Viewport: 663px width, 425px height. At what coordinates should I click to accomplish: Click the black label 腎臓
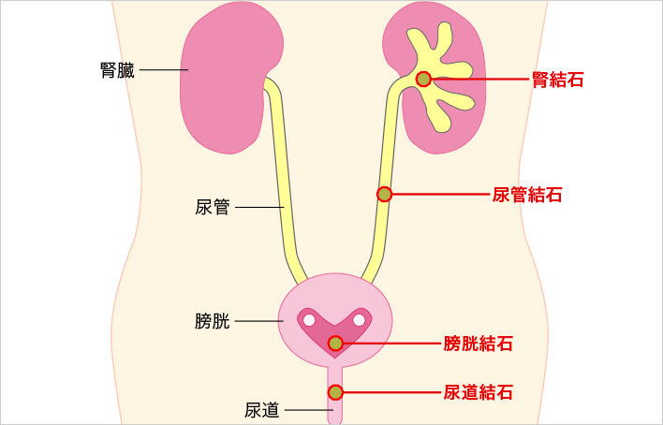118,70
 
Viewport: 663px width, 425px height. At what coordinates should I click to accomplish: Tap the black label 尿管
213,207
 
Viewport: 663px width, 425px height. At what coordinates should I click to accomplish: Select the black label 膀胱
213,321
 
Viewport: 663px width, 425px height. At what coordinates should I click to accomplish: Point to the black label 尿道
261,410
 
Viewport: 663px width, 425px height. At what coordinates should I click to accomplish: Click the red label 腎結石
558,80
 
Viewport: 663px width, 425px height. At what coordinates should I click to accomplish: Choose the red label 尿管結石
527,195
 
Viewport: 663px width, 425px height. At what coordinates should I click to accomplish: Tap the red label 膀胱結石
479,344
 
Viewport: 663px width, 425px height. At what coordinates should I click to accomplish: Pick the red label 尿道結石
479,392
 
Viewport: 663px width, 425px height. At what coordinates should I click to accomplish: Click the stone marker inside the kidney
423,79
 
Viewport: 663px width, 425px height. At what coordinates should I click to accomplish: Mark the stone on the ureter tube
384,194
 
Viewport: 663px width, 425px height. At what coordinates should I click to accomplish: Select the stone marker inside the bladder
335,344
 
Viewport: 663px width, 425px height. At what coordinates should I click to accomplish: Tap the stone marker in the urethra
335,392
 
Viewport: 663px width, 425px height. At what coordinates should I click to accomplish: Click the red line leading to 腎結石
480,79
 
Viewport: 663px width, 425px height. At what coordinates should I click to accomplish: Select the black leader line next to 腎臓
164,70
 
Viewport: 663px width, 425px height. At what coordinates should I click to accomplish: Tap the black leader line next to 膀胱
258,321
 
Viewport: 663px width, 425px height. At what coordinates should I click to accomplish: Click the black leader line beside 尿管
259,207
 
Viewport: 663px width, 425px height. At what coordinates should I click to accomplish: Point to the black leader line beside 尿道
309,410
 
